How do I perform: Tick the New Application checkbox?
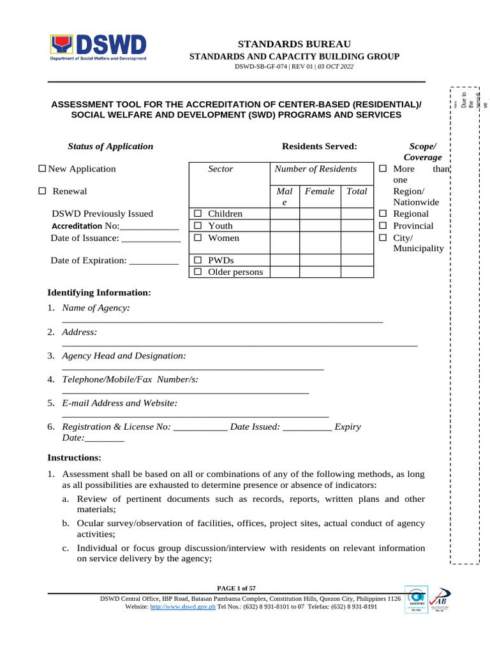[x=43, y=169]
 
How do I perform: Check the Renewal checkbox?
[x=43, y=191]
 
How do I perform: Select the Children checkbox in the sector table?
[x=198, y=214]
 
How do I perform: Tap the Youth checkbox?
[x=198, y=226]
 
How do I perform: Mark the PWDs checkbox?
[x=198, y=260]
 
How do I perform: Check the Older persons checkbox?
[x=198, y=272]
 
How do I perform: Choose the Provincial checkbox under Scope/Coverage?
[x=383, y=226]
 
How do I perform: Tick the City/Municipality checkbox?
[x=383, y=238]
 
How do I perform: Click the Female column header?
[x=320, y=191]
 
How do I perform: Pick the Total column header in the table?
[x=357, y=191]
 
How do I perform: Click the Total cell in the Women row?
[x=357, y=242]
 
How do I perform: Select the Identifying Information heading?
[x=100, y=293]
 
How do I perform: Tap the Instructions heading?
[x=75, y=458]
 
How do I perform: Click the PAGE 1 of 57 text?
[x=237, y=588]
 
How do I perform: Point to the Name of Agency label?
[x=96, y=308]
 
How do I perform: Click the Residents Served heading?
[x=320, y=146]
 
